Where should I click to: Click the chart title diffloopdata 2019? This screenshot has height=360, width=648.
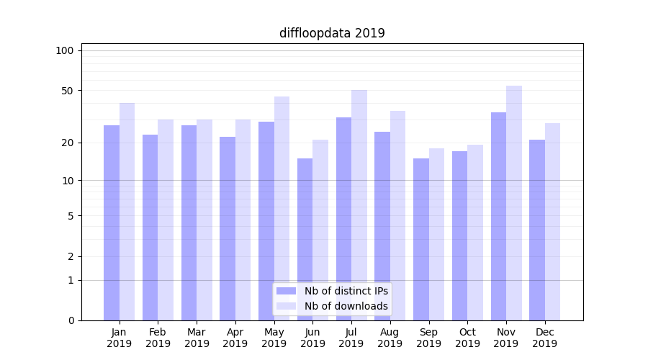332,33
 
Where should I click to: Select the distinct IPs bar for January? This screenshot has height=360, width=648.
112,223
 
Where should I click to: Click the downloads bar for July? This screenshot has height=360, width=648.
359,205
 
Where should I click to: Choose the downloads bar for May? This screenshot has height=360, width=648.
282,209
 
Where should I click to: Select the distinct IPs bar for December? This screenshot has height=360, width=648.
537,230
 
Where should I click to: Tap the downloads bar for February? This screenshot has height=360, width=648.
166,220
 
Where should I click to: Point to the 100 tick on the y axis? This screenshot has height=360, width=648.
65,50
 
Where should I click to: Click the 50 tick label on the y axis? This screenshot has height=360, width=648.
68,91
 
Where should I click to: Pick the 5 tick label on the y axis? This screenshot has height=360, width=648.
71,215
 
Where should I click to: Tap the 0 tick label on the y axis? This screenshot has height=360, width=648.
71,320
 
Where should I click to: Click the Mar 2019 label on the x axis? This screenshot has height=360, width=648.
197,338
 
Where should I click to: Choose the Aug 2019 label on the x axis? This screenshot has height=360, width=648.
390,338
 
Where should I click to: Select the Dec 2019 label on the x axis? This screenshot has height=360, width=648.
545,338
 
